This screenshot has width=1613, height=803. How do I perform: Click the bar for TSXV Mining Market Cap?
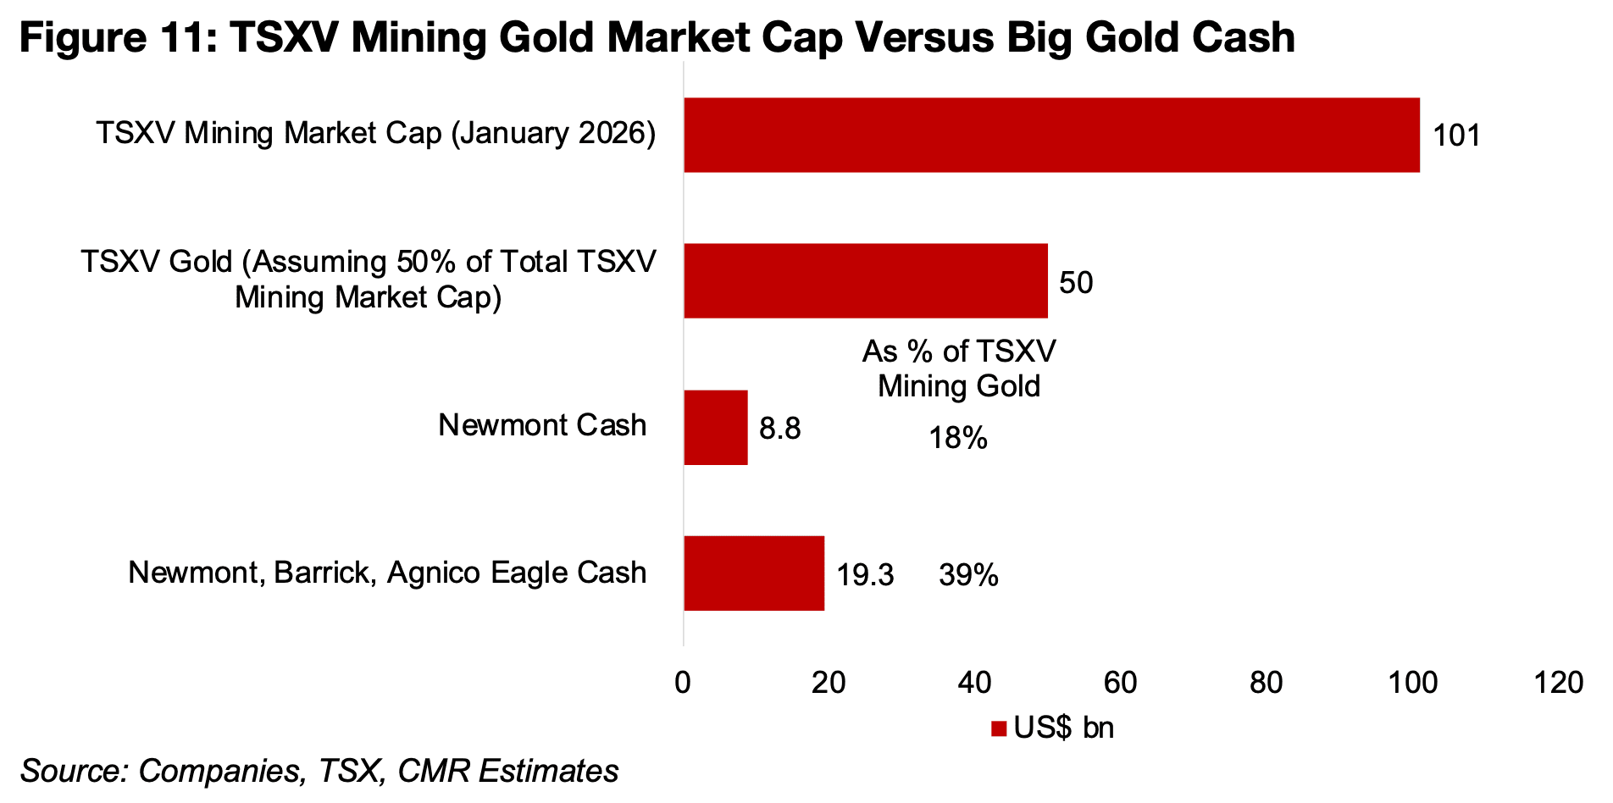1051,136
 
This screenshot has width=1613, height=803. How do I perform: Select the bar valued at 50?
865,281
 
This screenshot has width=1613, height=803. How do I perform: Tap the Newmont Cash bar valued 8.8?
716,428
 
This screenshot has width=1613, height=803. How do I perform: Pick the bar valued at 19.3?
754,573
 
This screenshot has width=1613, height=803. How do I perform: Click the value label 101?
1456,136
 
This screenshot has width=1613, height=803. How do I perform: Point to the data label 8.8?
779,429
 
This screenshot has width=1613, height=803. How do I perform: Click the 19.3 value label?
865,576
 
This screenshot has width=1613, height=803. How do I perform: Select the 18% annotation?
957,439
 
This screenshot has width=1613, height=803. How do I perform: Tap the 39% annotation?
968,576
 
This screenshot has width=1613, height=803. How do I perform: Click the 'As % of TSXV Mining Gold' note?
959,369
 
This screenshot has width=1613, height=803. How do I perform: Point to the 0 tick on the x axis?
683,683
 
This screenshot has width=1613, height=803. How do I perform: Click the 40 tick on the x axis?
974,683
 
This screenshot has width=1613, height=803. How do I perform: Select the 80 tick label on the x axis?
1266,683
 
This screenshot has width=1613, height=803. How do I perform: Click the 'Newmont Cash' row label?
542,425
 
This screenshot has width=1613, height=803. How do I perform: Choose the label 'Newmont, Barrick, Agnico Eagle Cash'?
387,573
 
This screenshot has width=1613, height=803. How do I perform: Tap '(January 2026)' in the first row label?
553,134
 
